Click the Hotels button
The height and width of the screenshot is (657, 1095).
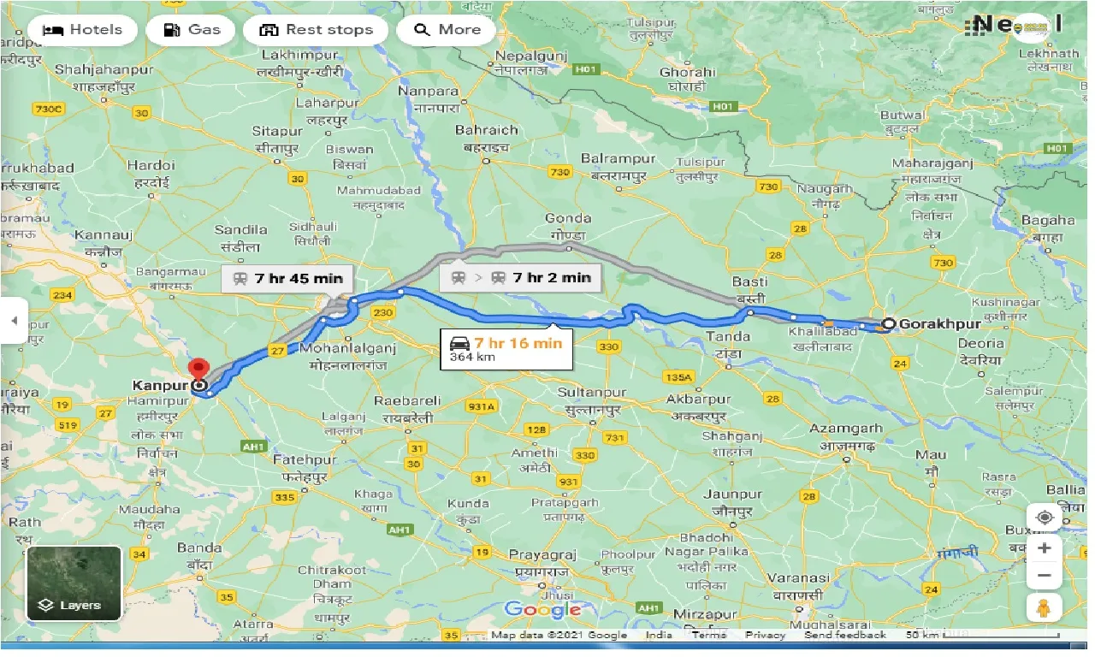pos(82,30)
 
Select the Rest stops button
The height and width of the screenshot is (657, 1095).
pos(315,30)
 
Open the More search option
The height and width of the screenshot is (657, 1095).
pos(447,30)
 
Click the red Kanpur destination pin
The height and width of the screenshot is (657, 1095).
pos(199,370)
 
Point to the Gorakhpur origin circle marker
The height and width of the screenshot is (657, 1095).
pos(889,324)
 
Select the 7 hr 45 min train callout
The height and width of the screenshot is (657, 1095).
pos(287,278)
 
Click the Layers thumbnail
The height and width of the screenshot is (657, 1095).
pos(74,583)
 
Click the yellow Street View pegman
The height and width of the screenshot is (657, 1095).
pos(1044,608)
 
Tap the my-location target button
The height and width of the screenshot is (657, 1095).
pos(1044,518)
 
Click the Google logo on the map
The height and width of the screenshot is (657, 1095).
pos(542,609)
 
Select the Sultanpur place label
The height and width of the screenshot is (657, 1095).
pos(591,393)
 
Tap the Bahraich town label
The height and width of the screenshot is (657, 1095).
pos(487,130)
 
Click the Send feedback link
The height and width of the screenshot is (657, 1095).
pos(845,635)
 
